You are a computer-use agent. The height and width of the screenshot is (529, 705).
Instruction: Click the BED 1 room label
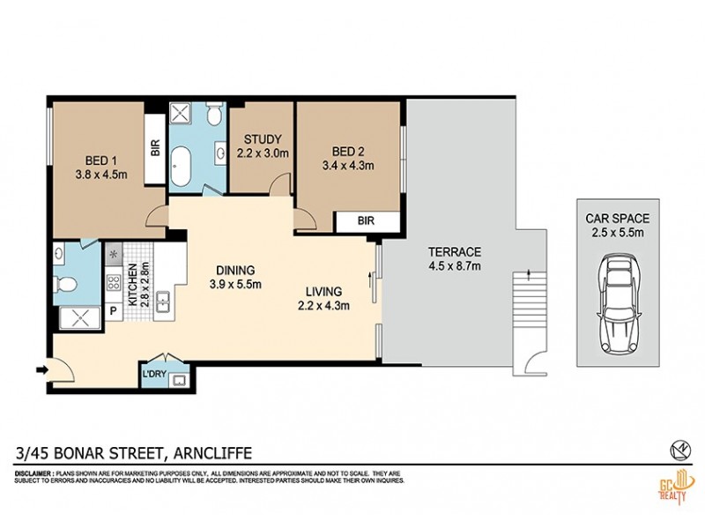coord(101,160)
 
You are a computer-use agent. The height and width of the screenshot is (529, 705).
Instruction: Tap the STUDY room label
coord(262,139)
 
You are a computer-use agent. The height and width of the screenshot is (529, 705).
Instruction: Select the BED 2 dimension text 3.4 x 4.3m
coord(349,165)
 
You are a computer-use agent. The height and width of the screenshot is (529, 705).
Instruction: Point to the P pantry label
coord(114,310)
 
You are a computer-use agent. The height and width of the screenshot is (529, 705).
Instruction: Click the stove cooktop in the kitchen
coord(115,283)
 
